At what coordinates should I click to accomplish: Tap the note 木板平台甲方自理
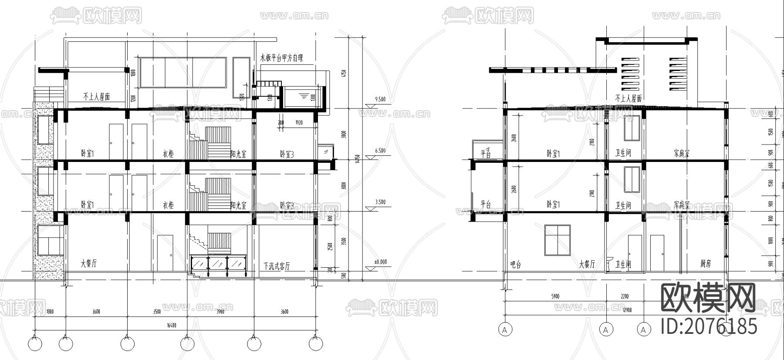281,57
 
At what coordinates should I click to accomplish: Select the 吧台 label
516,264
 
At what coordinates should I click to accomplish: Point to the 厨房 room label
706,264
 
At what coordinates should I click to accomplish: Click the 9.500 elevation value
380,99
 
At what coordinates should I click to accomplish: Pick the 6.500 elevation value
380,151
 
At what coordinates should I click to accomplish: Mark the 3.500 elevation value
380,202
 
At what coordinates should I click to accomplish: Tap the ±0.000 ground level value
380,262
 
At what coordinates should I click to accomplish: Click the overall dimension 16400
171,325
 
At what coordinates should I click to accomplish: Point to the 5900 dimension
555,297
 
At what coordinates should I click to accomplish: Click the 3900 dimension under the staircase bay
220,312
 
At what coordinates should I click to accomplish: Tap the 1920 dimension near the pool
299,123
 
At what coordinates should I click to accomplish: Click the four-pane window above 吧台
558,240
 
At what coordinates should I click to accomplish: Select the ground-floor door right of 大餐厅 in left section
165,252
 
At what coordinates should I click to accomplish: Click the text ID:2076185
709,326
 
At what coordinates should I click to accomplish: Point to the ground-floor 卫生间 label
623,264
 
